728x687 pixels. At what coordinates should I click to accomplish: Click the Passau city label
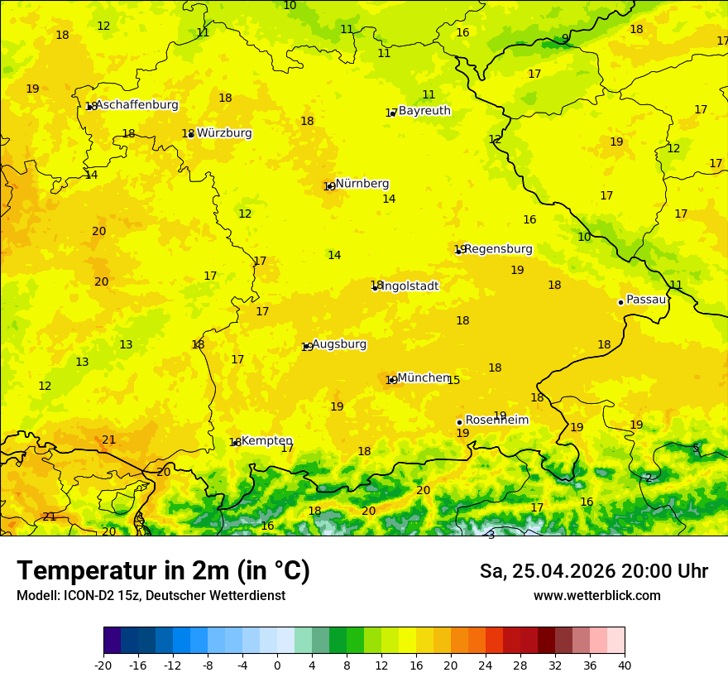click(646, 300)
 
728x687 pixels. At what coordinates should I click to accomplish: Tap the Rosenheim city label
click(496, 420)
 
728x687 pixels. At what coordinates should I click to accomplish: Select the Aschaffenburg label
click(136, 105)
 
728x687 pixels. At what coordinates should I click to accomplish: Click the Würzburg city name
click(224, 133)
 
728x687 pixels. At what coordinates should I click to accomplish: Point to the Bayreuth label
click(424, 111)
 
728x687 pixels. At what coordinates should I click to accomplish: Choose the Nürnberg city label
click(362, 184)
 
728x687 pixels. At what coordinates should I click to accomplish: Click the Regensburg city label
click(498, 249)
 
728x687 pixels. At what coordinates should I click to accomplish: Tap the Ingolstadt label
click(409, 286)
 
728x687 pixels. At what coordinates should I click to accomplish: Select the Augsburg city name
click(339, 344)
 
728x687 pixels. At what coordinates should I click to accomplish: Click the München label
click(424, 377)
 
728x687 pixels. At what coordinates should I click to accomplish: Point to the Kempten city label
click(266, 441)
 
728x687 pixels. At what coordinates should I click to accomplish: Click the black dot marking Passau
click(620, 302)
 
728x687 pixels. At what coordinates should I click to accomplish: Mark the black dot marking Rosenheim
click(459, 422)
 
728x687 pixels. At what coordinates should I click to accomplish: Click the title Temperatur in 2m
click(163, 571)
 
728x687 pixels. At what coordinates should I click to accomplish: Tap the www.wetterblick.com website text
click(596, 596)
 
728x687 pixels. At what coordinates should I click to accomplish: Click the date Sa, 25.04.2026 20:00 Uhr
click(593, 571)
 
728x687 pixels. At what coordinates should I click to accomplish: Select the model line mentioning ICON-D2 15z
click(151, 596)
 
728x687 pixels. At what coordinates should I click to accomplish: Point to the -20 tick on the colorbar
click(103, 665)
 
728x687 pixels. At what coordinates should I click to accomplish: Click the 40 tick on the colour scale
click(625, 665)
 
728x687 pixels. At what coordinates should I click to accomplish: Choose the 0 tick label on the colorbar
click(277, 665)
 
